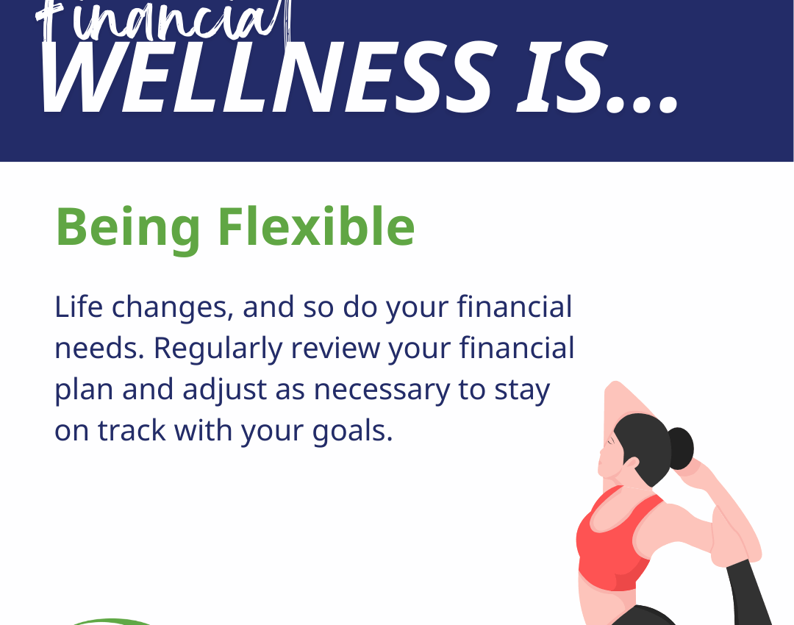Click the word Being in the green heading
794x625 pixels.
point(128,227)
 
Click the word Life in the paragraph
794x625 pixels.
point(79,307)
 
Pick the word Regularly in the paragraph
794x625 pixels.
point(218,349)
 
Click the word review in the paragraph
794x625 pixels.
point(335,349)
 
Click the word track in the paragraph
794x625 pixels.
point(132,431)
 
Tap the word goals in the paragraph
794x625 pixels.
point(352,432)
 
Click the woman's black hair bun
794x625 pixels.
point(681,449)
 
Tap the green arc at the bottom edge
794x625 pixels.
point(112,621)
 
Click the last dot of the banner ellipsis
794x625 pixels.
point(667,105)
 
